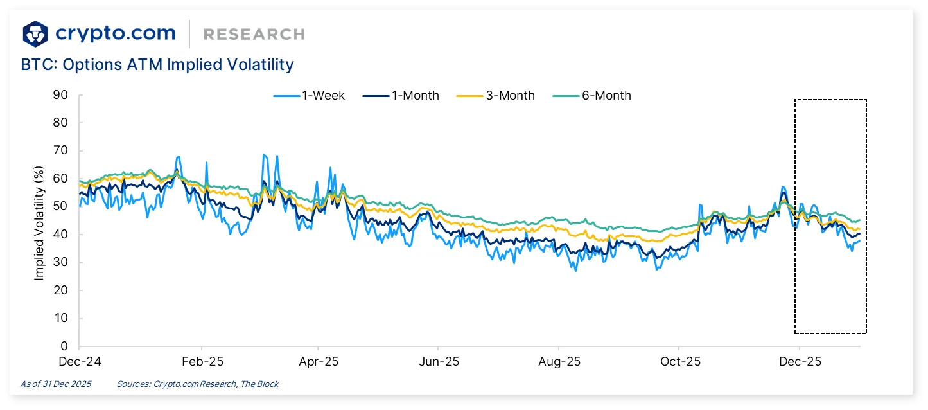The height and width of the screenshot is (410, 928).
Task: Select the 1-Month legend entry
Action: pos(401,96)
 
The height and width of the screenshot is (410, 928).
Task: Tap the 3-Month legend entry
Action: pos(495,96)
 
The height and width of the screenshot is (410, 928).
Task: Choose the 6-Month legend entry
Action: pos(591,96)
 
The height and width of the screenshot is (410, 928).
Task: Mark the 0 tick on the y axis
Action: pos(64,347)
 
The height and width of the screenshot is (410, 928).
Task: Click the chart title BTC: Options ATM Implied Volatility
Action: pos(157,65)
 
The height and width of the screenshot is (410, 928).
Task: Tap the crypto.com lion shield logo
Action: pos(35,33)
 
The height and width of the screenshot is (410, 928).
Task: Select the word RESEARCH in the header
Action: pos(254,34)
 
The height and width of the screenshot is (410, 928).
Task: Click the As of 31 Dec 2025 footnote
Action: pos(56,384)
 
